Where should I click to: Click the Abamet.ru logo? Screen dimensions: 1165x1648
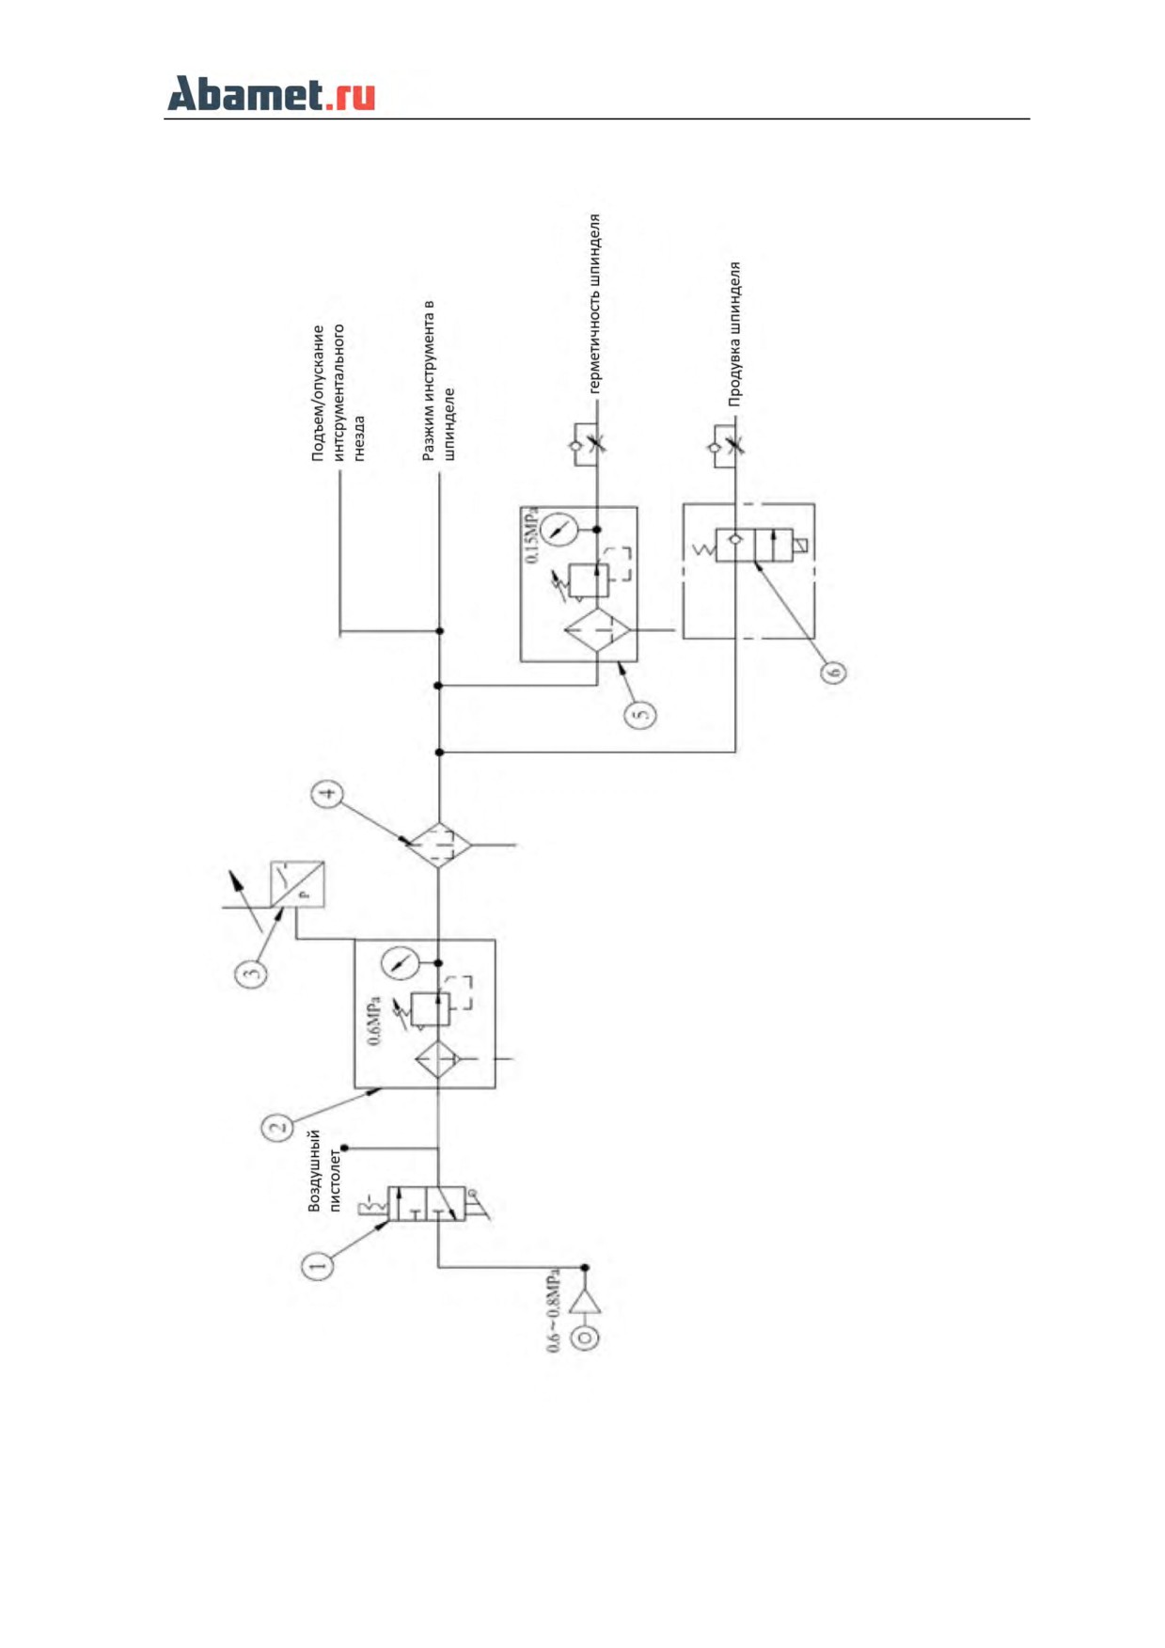271,94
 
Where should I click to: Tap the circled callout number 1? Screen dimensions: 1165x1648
317,1265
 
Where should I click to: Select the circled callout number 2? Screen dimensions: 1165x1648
277,1126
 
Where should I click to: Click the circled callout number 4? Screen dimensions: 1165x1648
327,795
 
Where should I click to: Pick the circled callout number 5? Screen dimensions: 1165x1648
640,715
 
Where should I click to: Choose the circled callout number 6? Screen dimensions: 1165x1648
833,672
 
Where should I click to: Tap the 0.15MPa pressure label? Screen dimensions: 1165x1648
532,537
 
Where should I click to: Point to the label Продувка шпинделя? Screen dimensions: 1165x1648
734,334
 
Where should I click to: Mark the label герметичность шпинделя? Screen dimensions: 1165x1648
593,304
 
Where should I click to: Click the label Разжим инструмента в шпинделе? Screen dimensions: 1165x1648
438,380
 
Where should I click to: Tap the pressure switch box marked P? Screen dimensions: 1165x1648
297,884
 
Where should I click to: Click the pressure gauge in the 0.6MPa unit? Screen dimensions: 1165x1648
400,963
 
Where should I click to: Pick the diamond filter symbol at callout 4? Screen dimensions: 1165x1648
439,845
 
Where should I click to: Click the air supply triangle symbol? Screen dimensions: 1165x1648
585,1302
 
